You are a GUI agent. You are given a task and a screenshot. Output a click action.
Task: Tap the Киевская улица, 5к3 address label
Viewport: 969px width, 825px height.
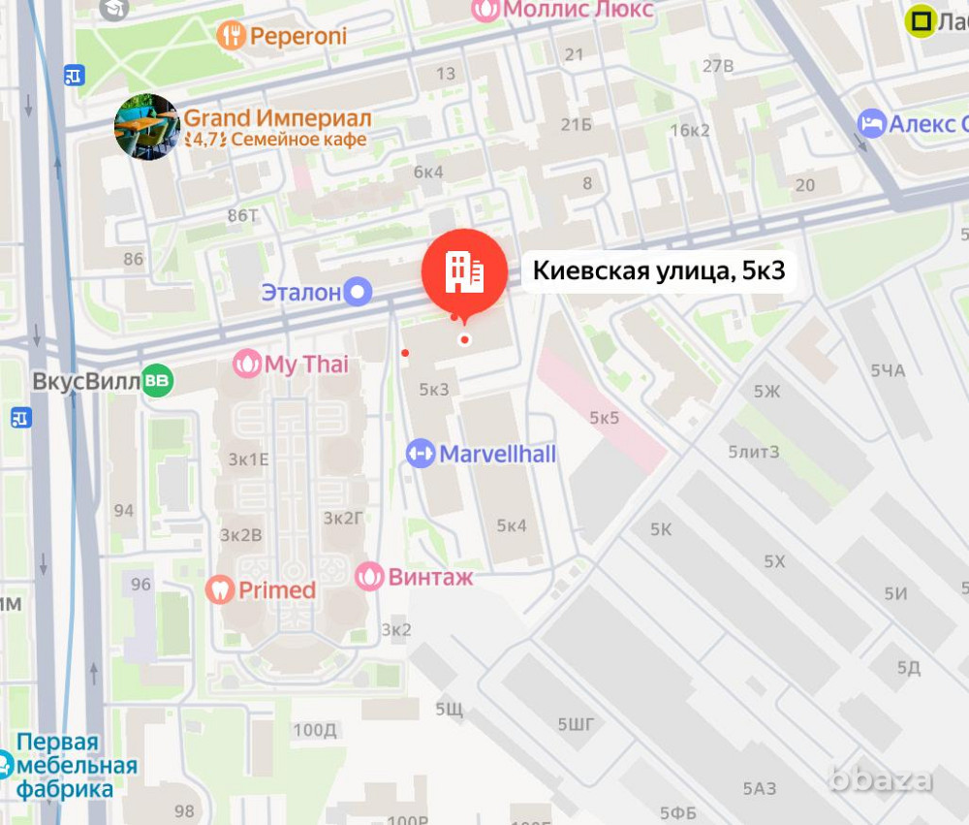pos(659,272)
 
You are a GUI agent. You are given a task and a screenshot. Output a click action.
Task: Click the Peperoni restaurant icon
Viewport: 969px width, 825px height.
pos(231,37)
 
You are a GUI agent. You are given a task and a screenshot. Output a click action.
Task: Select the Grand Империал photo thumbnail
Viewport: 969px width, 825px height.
pos(146,127)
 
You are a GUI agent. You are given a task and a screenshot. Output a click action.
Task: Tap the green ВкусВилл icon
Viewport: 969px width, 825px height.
pos(156,381)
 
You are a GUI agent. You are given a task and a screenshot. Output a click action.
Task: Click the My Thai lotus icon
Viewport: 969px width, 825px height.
pos(248,365)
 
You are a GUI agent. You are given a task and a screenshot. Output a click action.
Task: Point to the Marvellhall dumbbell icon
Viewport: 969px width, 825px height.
pos(421,454)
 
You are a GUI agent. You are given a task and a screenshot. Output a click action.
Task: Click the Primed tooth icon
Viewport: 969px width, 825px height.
pos(221,589)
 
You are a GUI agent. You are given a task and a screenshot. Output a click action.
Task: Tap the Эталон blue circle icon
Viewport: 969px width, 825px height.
pos(359,291)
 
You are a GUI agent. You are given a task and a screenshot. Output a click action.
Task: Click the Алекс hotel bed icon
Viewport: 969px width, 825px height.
pos(872,124)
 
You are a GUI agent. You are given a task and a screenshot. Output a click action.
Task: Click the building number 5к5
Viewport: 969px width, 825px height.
pos(604,418)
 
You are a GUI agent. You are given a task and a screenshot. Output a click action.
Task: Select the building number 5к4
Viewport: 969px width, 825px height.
pos(512,525)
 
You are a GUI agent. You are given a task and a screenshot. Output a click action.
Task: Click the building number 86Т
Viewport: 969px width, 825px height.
pos(239,216)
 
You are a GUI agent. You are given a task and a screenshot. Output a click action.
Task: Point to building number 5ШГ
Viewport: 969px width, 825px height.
pos(576,723)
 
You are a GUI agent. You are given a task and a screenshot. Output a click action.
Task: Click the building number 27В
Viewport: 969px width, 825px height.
pos(718,66)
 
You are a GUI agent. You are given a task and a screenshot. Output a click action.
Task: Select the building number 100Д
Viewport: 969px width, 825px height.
pos(315,729)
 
